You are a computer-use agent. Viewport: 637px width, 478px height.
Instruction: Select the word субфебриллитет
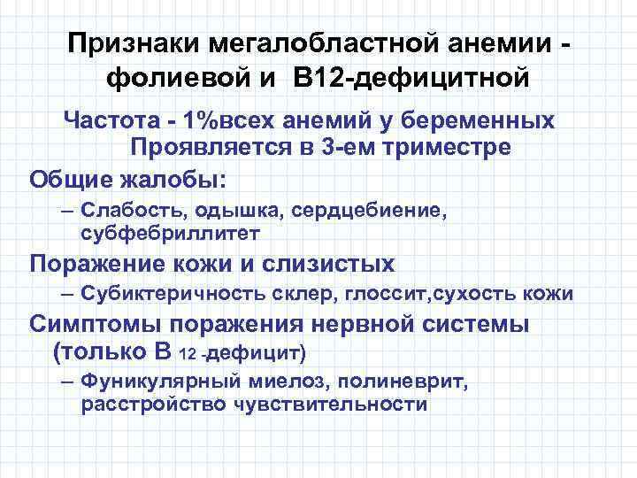(x=170, y=234)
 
